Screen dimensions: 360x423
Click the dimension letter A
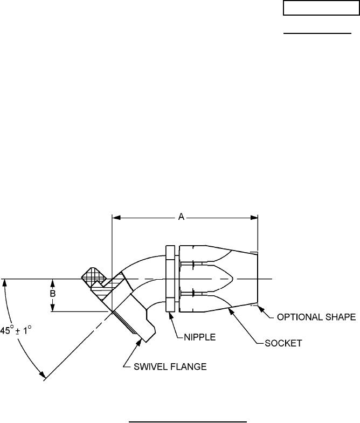point(182,217)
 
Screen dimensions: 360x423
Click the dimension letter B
point(53,293)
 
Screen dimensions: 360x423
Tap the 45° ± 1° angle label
point(16,330)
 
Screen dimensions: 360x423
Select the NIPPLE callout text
point(200,337)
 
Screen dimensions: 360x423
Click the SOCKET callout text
point(283,343)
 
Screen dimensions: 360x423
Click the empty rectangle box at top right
point(321,8)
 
